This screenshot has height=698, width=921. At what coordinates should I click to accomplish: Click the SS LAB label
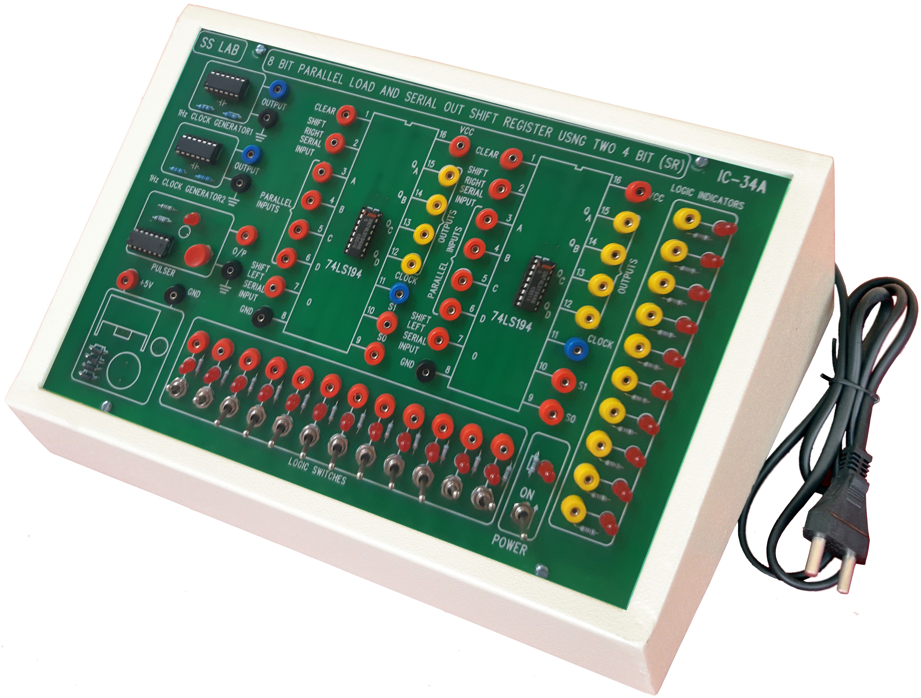[x=219, y=47]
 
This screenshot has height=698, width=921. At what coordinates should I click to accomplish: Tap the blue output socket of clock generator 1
[x=275, y=88]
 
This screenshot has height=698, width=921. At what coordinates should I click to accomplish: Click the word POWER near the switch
[x=509, y=544]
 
